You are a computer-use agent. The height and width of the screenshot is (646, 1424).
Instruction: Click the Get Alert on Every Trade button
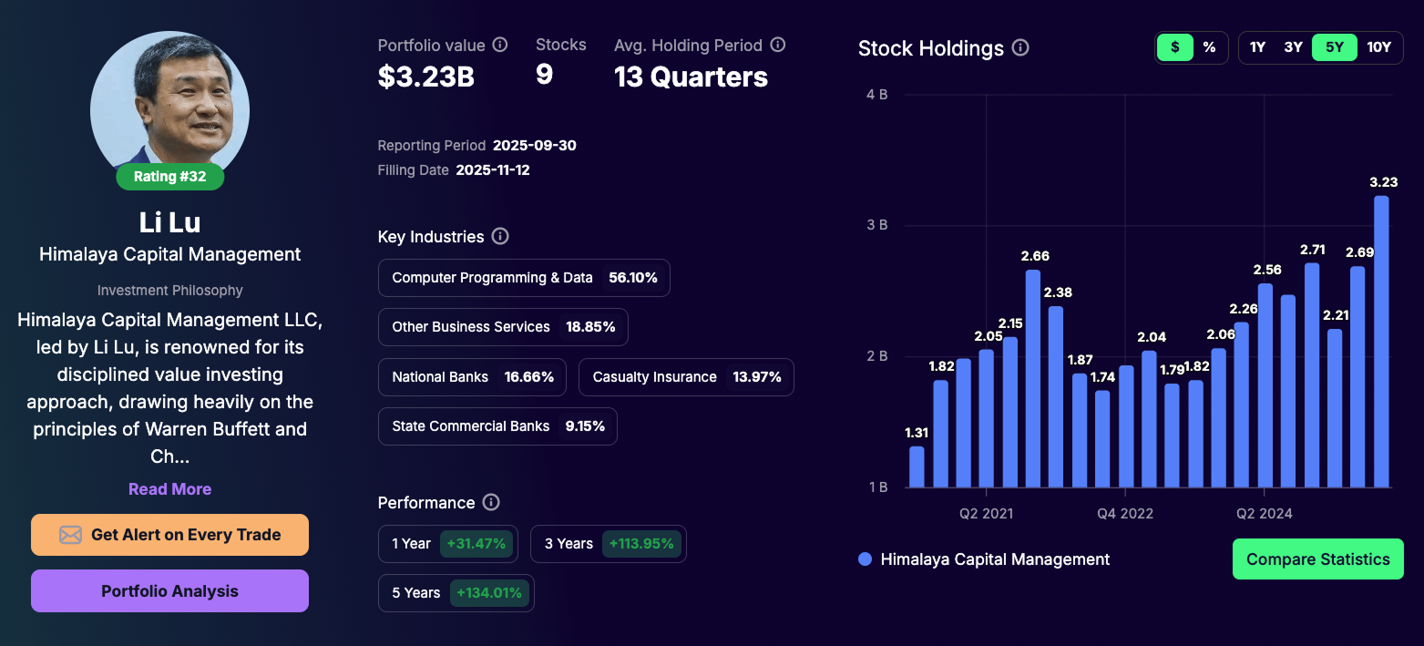coord(169,535)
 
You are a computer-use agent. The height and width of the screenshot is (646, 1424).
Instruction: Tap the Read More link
coord(169,489)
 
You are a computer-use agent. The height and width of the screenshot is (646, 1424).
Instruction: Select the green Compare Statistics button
coord(1317,559)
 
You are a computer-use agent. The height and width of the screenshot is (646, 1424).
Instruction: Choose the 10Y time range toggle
coord(1378,47)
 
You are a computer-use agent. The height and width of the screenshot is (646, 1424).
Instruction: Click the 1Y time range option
coord(1257,47)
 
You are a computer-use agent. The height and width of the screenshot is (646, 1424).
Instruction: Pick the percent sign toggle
coord(1209,47)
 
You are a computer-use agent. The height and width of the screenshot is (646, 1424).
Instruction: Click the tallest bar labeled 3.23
coord(1381,342)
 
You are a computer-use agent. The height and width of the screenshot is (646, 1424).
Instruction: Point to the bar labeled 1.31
coord(917,467)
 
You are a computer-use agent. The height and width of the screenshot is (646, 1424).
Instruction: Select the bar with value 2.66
coord(1032,378)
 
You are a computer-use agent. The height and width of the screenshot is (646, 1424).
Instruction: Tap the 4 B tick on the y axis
coord(876,94)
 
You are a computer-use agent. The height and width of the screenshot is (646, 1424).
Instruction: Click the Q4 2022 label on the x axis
coord(1124,514)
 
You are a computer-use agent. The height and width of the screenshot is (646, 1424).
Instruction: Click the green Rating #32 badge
coord(169,177)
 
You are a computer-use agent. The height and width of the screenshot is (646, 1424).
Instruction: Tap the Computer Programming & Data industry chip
coord(524,278)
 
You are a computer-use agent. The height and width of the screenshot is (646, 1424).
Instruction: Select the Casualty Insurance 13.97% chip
coord(686,377)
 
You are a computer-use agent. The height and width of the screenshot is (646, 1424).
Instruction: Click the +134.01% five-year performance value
coord(489,593)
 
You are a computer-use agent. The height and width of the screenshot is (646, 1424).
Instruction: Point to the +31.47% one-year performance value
coord(475,544)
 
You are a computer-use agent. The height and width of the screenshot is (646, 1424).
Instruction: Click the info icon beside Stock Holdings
coord(1020,48)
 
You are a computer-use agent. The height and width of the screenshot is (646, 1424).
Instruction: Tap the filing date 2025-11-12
coord(492,170)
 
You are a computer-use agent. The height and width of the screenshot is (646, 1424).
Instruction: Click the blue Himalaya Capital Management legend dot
coord(865,559)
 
